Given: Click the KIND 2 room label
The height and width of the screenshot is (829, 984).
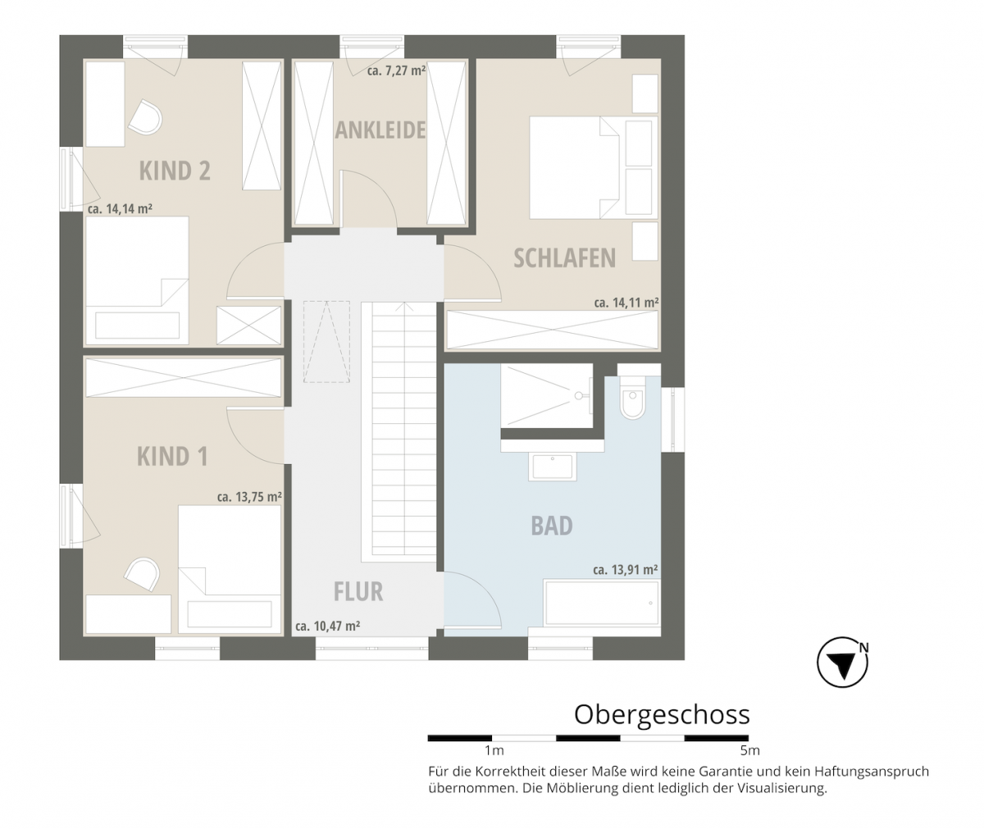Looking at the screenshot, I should (x=175, y=171).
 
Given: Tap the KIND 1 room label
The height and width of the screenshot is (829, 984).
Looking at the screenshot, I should (x=172, y=456).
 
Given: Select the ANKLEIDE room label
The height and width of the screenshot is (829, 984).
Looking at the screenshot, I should (x=380, y=130).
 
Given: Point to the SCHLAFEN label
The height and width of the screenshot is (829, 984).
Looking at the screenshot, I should (x=564, y=257).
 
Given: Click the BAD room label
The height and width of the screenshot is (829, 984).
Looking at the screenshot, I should (x=552, y=526).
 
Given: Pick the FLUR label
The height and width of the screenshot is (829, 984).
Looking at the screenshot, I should (x=358, y=591).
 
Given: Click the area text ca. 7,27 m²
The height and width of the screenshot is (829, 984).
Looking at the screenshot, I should (x=396, y=71).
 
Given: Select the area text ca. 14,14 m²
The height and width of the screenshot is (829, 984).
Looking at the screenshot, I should (x=120, y=209).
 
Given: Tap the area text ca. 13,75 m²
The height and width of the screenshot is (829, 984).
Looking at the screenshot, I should (x=249, y=496).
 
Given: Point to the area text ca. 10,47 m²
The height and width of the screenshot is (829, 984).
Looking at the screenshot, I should (x=328, y=626).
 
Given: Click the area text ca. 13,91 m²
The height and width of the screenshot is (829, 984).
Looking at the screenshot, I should (x=626, y=569).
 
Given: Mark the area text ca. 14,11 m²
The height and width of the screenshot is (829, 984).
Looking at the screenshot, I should (x=626, y=303).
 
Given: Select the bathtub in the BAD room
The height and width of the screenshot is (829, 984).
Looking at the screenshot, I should (x=601, y=604).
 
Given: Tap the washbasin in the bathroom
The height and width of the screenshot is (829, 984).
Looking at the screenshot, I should (x=553, y=467).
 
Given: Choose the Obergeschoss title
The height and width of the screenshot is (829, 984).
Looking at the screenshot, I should (x=662, y=714).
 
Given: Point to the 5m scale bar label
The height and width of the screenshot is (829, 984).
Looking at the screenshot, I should (x=749, y=750).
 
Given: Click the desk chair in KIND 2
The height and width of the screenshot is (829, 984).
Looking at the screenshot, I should (x=146, y=118).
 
